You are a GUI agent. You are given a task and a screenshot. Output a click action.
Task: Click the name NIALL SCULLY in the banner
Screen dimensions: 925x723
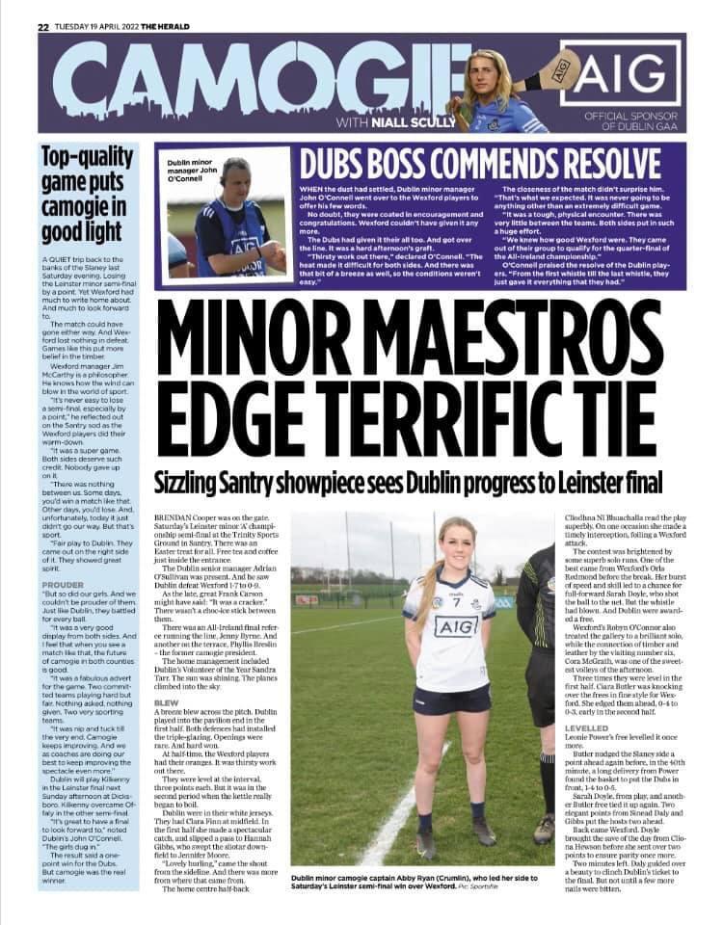click(395, 122)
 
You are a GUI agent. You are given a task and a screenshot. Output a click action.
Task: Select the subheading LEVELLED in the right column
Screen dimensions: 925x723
click(588, 727)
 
